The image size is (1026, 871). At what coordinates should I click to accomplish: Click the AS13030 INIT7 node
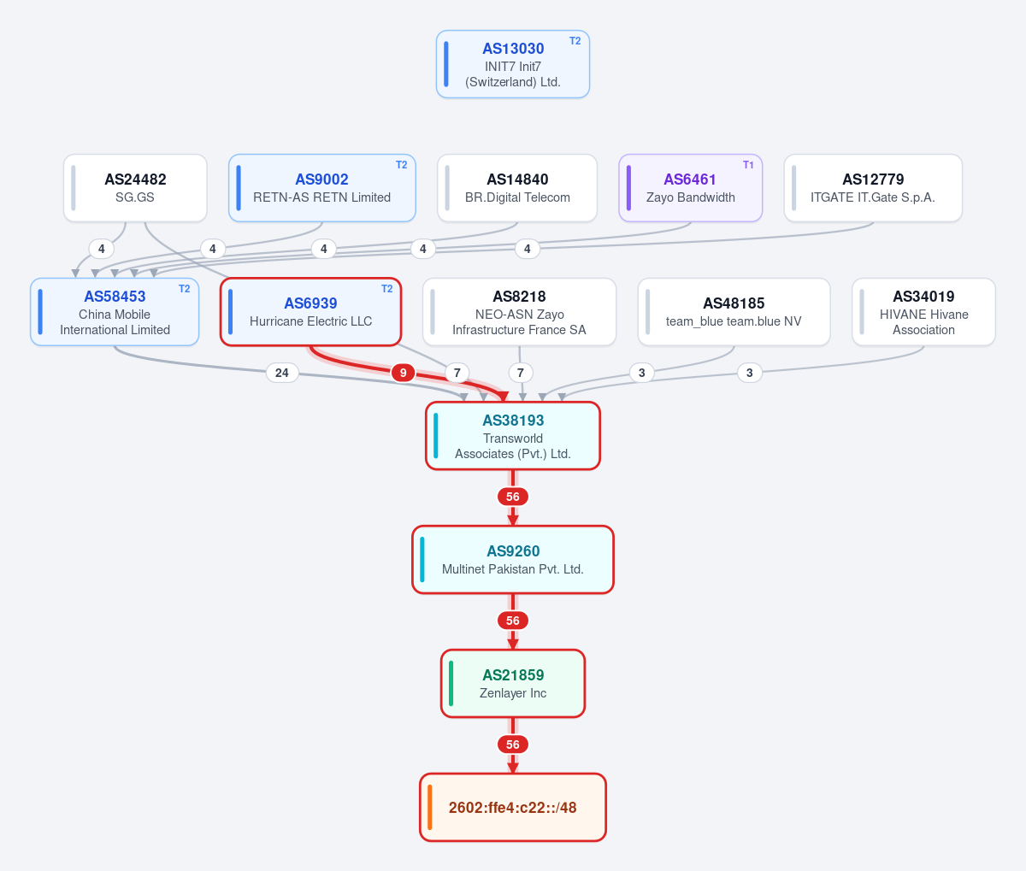click(x=513, y=64)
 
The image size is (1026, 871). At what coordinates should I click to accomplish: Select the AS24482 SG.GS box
click(x=135, y=188)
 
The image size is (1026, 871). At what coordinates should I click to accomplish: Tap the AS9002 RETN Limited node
click(x=321, y=188)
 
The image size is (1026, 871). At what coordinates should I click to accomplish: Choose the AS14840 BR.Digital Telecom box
click(x=516, y=188)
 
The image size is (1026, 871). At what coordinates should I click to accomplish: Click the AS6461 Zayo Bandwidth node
click(x=690, y=188)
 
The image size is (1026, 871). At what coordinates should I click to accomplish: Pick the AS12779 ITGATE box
click(x=873, y=188)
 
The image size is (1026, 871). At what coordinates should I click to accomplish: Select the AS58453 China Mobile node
click(x=115, y=312)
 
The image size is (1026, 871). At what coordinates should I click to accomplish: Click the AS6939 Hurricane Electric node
click(x=310, y=312)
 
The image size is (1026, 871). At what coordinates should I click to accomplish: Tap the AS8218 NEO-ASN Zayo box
click(x=519, y=312)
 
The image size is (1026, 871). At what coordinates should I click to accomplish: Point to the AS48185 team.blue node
click(x=734, y=312)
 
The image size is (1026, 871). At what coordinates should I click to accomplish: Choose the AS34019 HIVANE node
click(x=923, y=312)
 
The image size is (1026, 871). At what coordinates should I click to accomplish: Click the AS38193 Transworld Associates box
click(x=513, y=436)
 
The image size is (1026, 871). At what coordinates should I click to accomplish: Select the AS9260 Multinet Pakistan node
click(x=513, y=559)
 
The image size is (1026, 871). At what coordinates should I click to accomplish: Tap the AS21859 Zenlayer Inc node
click(x=513, y=684)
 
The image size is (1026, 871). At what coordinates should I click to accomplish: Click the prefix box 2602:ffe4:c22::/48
click(x=513, y=807)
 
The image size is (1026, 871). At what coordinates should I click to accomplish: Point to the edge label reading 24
click(x=282, y=373)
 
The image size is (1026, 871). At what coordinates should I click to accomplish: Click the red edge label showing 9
click(x=403, y=373)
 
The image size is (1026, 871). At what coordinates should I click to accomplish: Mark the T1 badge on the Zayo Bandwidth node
click(x=748, y=165)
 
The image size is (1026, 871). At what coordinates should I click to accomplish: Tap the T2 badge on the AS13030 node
click(x=575, y=41)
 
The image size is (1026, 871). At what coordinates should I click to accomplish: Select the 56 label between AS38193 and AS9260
click(x=513, y=497)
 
